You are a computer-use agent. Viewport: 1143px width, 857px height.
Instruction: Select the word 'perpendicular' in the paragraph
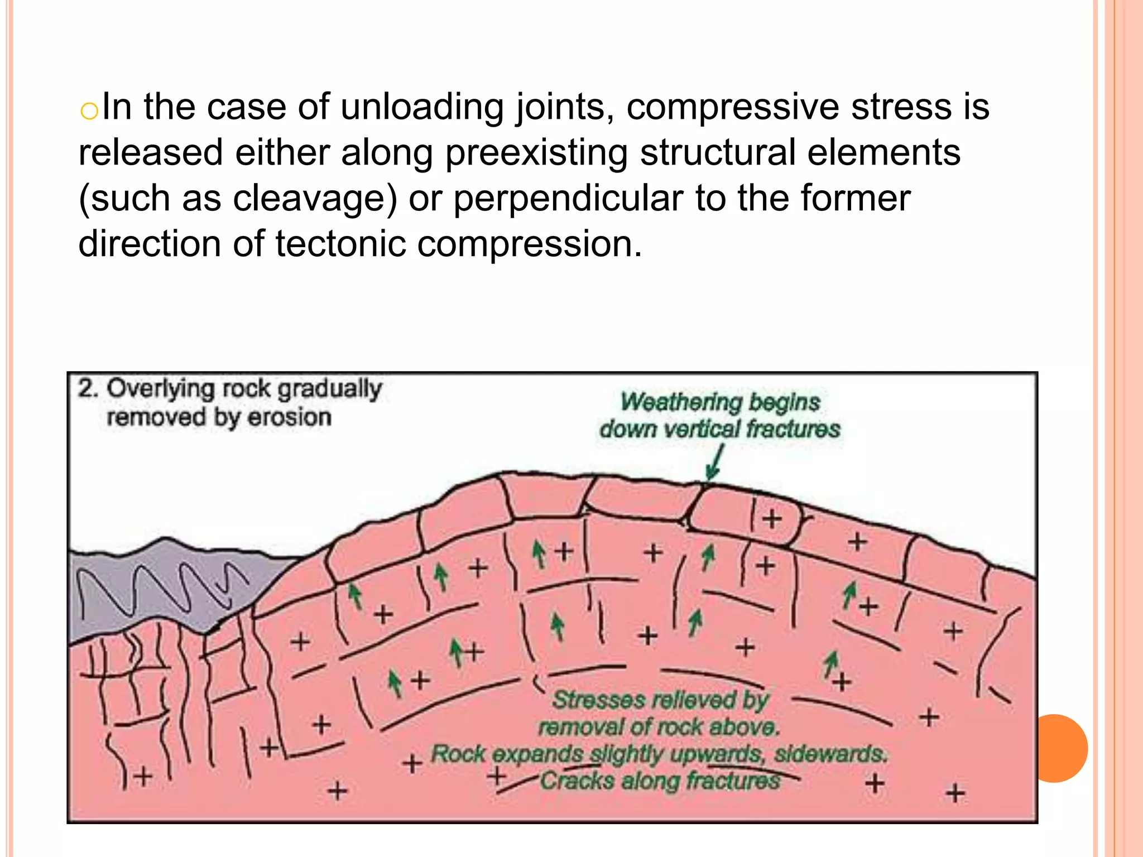568,199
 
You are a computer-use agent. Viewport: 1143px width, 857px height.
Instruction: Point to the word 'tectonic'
340,244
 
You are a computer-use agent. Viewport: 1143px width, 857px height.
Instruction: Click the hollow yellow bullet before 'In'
89,111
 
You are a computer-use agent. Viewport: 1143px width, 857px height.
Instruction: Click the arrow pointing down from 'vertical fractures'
714,463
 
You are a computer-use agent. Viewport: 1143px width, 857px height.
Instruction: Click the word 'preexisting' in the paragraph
536,153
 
